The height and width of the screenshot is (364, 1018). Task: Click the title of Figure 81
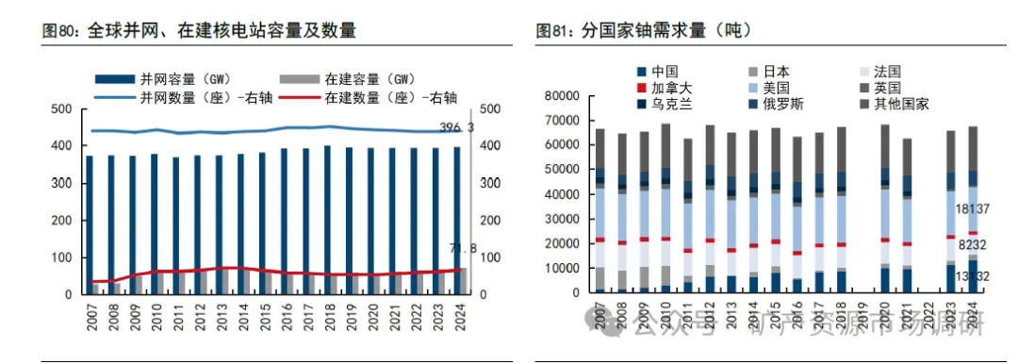coord(643,30)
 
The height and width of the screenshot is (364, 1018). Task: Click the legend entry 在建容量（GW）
coord(371,78)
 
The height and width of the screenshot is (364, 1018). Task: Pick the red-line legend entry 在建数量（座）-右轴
coord(390,96)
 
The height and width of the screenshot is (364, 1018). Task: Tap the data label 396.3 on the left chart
coord(457,128)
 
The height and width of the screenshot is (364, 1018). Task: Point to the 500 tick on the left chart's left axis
coord(59,109)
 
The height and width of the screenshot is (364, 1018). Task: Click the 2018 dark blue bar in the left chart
coord(327,220)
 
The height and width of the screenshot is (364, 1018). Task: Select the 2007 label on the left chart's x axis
coord(90,315)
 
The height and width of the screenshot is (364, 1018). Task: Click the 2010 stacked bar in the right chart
coord(665,208)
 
